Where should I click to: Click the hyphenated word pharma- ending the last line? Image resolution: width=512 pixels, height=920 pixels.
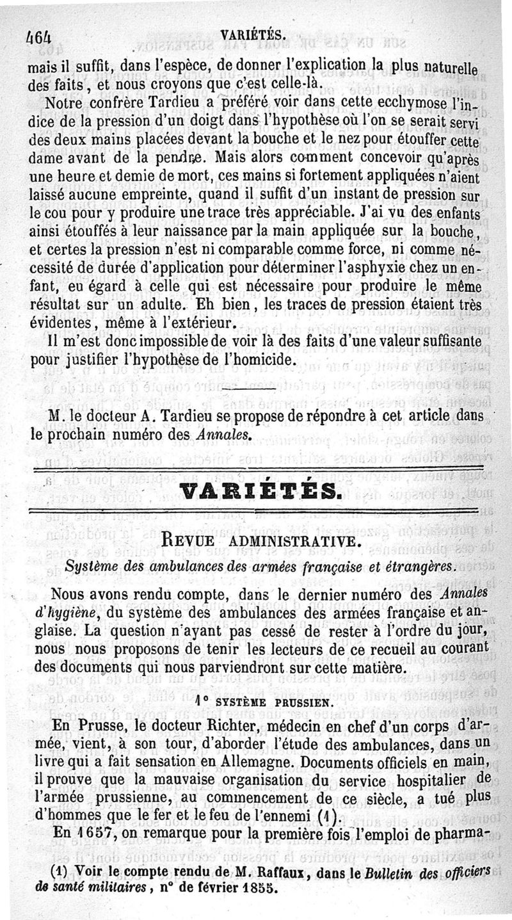457,834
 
